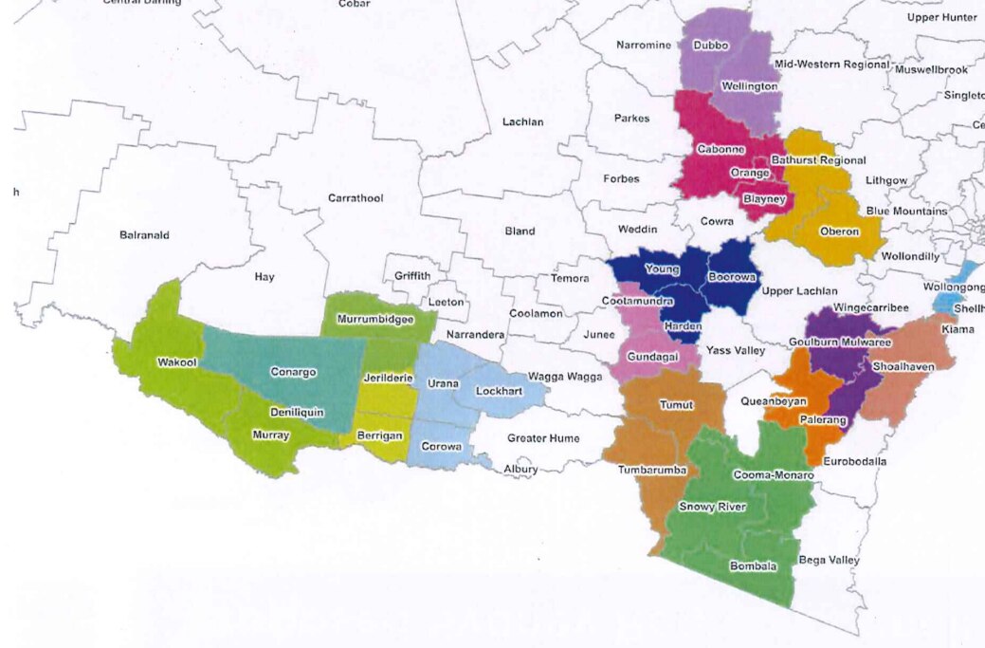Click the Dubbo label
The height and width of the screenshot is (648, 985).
(710, 45)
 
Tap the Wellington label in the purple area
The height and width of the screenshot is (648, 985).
(749, 86)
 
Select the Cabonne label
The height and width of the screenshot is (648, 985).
(720, 149)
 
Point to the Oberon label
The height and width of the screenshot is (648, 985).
(838, 231)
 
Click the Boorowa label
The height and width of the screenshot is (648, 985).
(732, 278)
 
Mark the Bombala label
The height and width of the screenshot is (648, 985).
(753, 566)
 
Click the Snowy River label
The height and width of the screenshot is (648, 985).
(712, 507)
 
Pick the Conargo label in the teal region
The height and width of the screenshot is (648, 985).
(293, 372)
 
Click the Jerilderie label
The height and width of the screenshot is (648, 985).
(387, 378)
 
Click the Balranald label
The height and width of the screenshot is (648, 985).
(144, 234)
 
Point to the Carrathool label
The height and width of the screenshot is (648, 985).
(355, 198)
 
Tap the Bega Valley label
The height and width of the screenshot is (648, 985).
(830, 560)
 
